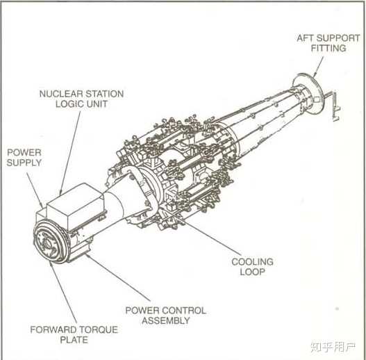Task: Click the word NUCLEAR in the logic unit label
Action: tap(61, 94)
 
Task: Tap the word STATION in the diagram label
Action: tap(105, 94)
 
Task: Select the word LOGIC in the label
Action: tap(67, 104)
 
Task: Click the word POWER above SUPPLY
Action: tap(24, 153)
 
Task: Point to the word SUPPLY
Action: tap(24, 163)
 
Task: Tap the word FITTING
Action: tap(328, 48)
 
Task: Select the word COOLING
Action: tap(252, 261)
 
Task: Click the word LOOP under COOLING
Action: tap(252, 272)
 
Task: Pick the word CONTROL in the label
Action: tap(186, 311)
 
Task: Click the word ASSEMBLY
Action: tap(166, 320)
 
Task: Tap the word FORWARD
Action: tap(52, 330)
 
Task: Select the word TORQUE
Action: tap(97, 330)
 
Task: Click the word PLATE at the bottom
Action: tap(74, 340)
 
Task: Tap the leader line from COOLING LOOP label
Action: tap(202, 231)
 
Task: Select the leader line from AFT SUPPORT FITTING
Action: tap(318, 67)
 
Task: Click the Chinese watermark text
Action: tap(333, 347)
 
